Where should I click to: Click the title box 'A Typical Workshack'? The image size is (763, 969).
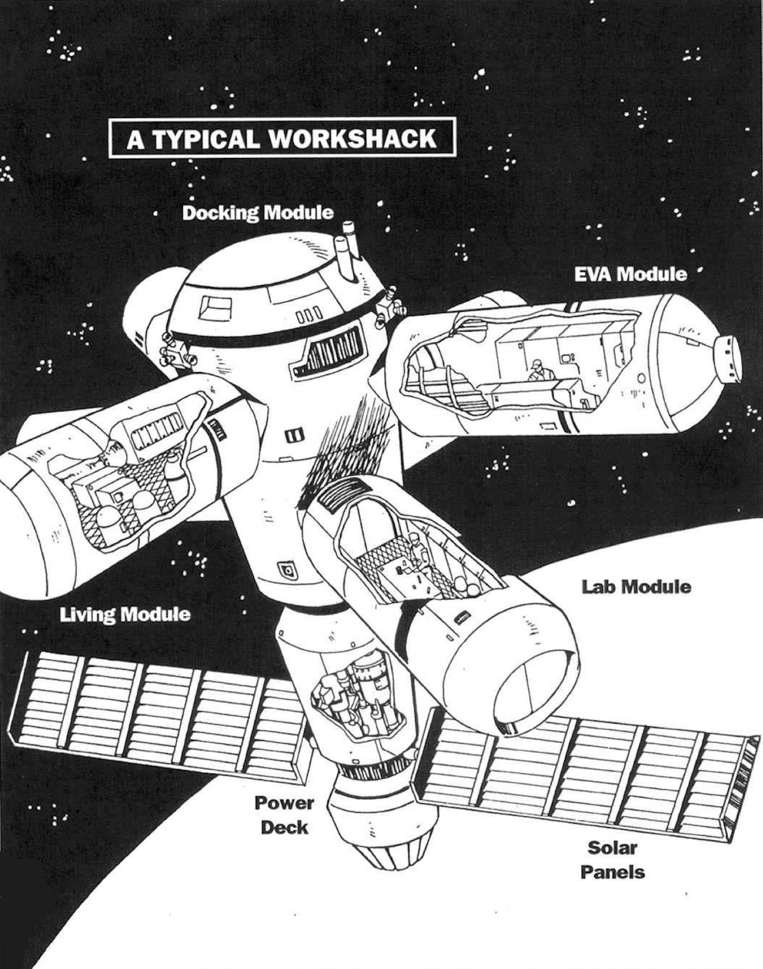[x=281, y=138]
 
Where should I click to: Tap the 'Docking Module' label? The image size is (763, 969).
[x=258, y=213]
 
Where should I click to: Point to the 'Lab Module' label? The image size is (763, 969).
[x=636, y=587]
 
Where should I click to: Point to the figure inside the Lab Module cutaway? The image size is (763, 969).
[x=417, y=549]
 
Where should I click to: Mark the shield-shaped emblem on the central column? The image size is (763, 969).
[x=288, y=571]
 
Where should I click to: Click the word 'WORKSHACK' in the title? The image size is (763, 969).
[x=352, y=138]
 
